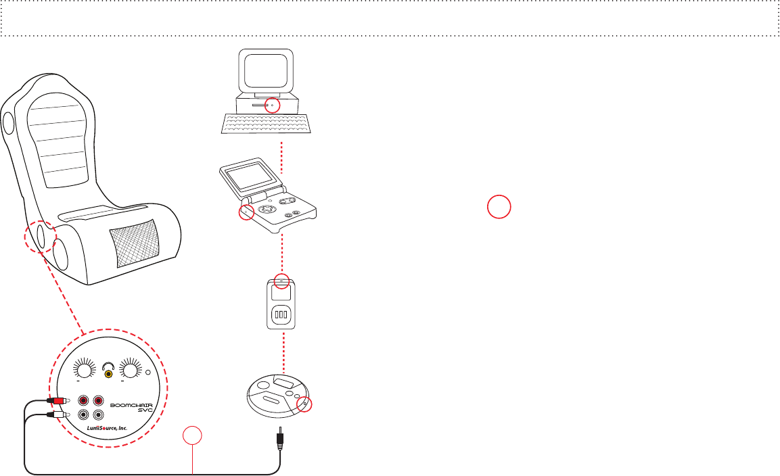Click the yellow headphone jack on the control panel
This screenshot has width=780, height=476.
point(108,374)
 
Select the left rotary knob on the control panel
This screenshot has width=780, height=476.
point(84,371)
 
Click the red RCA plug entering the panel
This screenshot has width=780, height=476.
point(60,401)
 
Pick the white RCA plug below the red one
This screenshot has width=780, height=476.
point(60,414)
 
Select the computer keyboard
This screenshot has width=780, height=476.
point(267,124)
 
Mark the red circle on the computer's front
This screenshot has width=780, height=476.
point(271,105)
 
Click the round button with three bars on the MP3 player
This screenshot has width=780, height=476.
point(281,315)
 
